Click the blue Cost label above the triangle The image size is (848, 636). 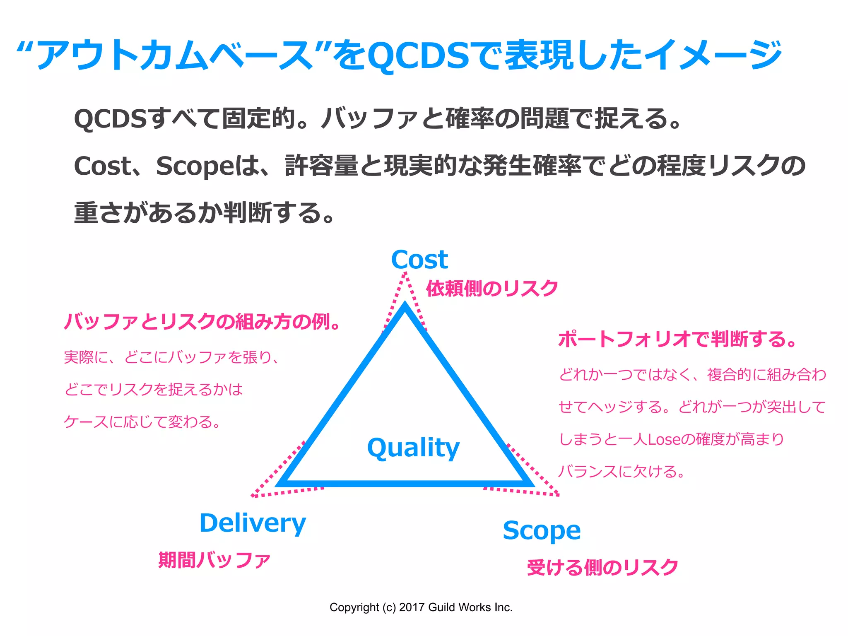419,260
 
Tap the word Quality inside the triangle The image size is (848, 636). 413,448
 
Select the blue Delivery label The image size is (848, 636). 253,523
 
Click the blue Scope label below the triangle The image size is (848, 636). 542,530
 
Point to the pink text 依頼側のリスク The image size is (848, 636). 492,288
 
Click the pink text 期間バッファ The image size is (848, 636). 214,560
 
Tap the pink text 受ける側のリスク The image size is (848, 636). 602,567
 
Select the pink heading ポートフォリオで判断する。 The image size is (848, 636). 677,339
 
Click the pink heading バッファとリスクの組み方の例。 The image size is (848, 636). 202,321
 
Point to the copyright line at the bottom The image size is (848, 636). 421,607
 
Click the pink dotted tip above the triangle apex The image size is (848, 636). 405,274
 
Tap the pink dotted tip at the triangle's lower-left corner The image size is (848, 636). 253,495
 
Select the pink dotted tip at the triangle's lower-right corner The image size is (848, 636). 557,494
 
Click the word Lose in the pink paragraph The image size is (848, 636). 664,439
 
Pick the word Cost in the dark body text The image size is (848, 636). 102,166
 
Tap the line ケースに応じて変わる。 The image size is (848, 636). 142,422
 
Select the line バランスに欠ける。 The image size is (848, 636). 621,472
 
